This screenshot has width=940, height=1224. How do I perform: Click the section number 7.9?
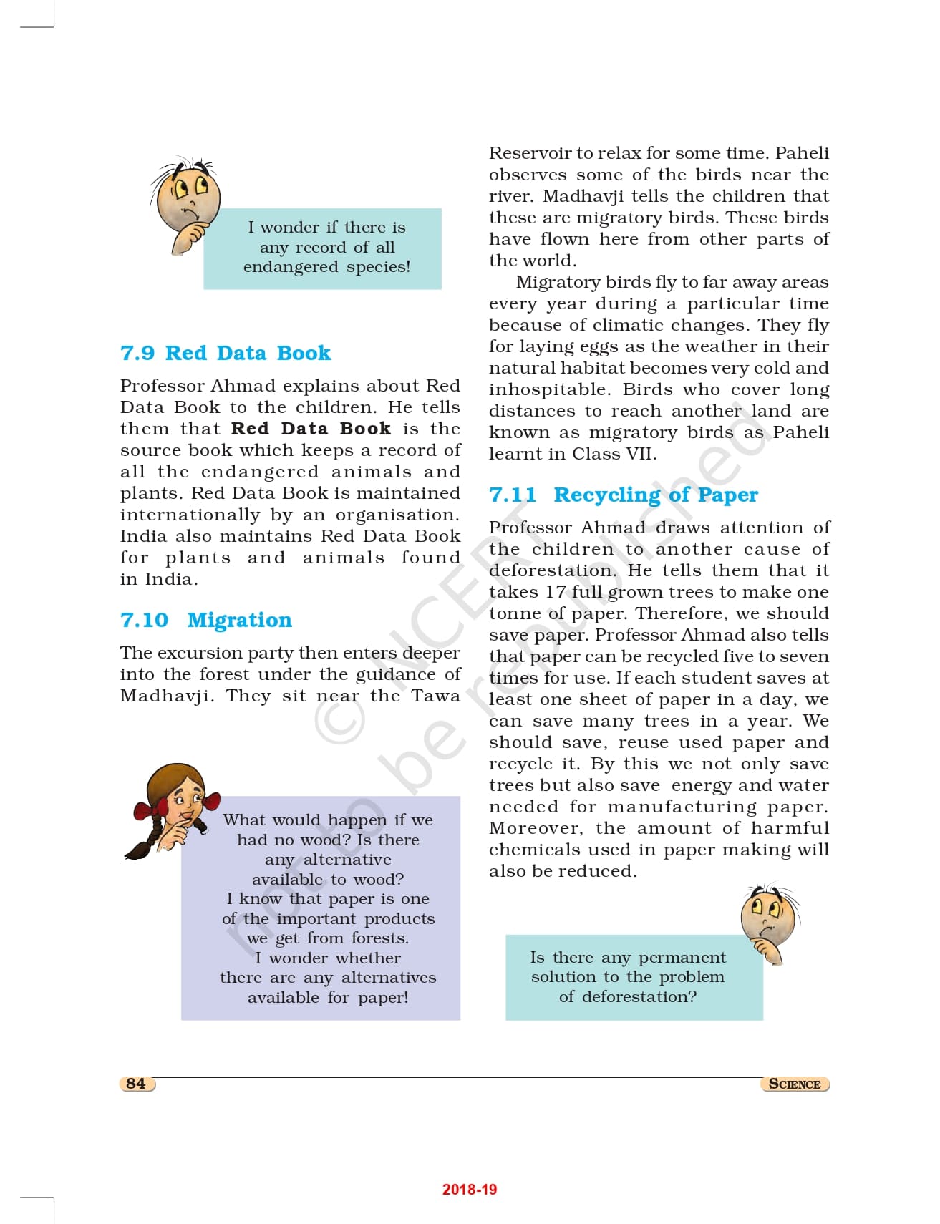[137, 353]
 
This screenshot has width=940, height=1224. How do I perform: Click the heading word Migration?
[239, 620]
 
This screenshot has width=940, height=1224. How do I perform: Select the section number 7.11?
[512, 495]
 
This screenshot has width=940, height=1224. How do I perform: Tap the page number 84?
[135, 1084]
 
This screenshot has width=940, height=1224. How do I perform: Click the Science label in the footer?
[794, 1084]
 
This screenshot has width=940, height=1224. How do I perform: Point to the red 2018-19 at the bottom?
[469, 1190]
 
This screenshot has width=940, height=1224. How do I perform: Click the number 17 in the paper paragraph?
[556, 592]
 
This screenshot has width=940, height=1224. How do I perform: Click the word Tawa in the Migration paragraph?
[435, 696]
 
